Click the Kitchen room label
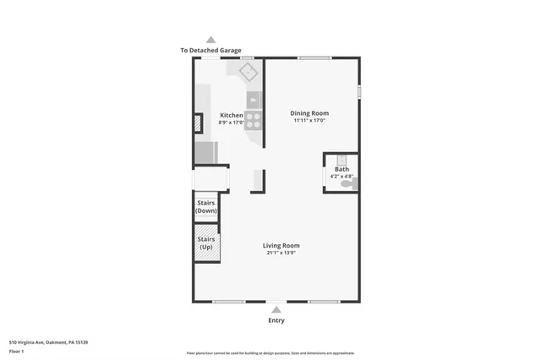pyautogui.click(x=232, y=115)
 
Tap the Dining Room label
pyautogui.click(x=309, y=112)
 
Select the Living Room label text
pyautogui.click(x=281, y=246)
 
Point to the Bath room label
pyautogui.click(x=342, y=169)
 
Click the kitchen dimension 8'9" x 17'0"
pyautogui.click(x=232, y=123)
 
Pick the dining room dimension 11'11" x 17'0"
pyautogui.click(x=309, y=120)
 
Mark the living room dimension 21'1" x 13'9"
pyautogui.click(x=281, y=253)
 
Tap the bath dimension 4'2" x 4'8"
pyautogui.click(x=342, y=176)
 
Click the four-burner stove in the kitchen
pyautogui.click(x=253, y=119)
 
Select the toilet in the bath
pyautogui.click(x=352, y=182)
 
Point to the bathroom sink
pyautogui.click(x=342, y=159)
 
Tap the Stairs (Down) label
pyautogui.click(x=206, y=207)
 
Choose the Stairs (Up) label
pyautogui.click(x=206, y=243)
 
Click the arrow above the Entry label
pyautogui.click(x=276, y=310)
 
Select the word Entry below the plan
pyautogui.click(x=276, y=320)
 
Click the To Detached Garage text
pyautogui.click(x=210, y=51)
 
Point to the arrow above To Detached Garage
pyautogui.click(x=210, y=40)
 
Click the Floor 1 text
pyautogui.click(x=17, y=350)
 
